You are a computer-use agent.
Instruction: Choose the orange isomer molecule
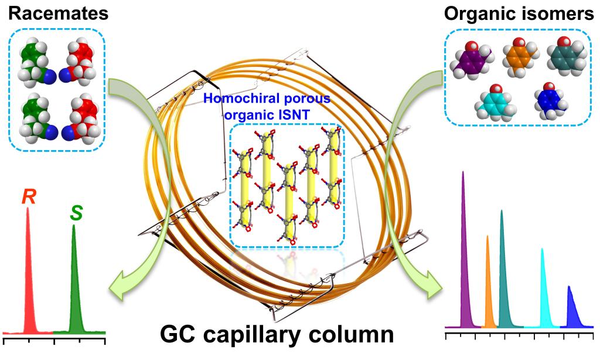click(x=518, y=56)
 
